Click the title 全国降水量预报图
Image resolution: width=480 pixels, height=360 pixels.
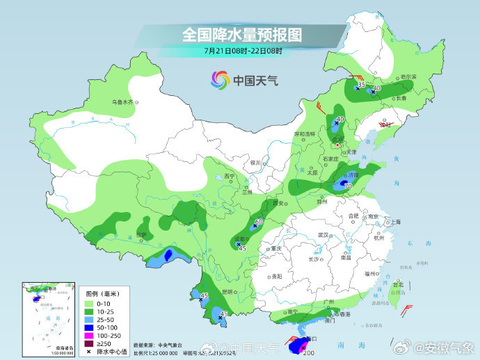click(x=242, y=33)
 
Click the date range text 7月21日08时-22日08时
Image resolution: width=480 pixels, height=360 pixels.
click(x=243, y=50)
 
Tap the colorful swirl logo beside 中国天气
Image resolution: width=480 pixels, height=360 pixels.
click(x=220, y=81)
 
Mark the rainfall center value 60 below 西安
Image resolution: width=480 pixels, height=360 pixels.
click(x=259, y=222)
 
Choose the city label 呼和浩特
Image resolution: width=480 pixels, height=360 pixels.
click(x=305, y=133)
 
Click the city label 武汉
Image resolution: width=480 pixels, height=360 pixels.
click(x=323, y=235)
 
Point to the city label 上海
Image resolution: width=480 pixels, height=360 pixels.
click(x=396, y=222)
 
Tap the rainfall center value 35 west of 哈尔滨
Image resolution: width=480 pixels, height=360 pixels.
click(x=361, y=84)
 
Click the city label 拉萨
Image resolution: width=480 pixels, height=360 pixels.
click(x=142, y=236)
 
